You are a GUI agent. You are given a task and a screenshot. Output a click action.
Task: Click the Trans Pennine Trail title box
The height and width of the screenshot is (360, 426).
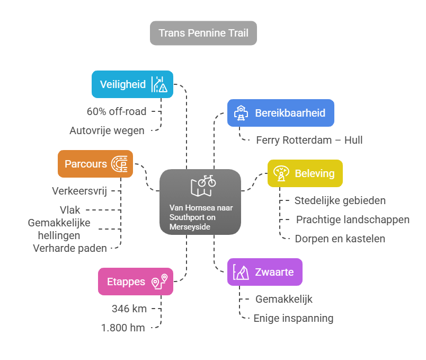click(x=203, y=33)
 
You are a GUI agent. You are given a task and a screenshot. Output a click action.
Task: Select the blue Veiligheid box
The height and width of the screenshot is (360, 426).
click(x=132, y=84)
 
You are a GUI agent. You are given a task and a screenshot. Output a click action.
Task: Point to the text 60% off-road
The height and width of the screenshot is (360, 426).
click(x=117, y=111)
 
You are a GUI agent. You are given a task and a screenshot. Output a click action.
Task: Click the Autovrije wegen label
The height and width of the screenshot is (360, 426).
click(x=107, y=130)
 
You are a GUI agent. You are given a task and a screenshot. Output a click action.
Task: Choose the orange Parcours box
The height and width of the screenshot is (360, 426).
click(x=95, y=164)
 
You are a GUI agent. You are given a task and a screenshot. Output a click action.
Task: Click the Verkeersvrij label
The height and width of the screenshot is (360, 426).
click(x=79, y=191)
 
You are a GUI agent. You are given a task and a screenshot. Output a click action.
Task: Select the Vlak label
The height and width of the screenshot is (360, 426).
click(x=72, y=210)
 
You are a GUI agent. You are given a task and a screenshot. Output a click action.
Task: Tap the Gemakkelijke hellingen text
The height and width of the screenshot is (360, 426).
click(x=59, y=229)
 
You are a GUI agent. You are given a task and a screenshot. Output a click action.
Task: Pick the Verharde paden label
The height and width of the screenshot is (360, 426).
click(x=70, y=248)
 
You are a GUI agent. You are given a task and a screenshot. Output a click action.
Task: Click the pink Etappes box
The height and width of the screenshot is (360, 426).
click(x=135, y=282)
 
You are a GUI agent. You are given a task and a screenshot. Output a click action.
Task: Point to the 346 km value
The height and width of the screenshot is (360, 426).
click(x=129, y=309)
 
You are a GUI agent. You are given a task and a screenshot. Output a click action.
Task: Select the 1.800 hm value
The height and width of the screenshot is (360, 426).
click(x=123, y=328)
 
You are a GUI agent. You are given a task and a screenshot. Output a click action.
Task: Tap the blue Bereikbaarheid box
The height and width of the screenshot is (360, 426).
click(x=280, y=113)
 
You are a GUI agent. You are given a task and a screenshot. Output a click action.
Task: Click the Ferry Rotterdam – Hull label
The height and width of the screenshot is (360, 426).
click(x=309, y=140)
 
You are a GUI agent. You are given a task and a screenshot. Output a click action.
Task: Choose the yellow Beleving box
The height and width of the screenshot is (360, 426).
click(x=305, y=173)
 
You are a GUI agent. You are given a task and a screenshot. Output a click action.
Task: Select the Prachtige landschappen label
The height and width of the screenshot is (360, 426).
click(x=352, y=219)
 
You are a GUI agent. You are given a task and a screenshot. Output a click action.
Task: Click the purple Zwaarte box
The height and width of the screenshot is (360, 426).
click(x=264, y=272)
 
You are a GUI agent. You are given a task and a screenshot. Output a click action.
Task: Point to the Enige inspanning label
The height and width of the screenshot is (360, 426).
click(x=293, y=318)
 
